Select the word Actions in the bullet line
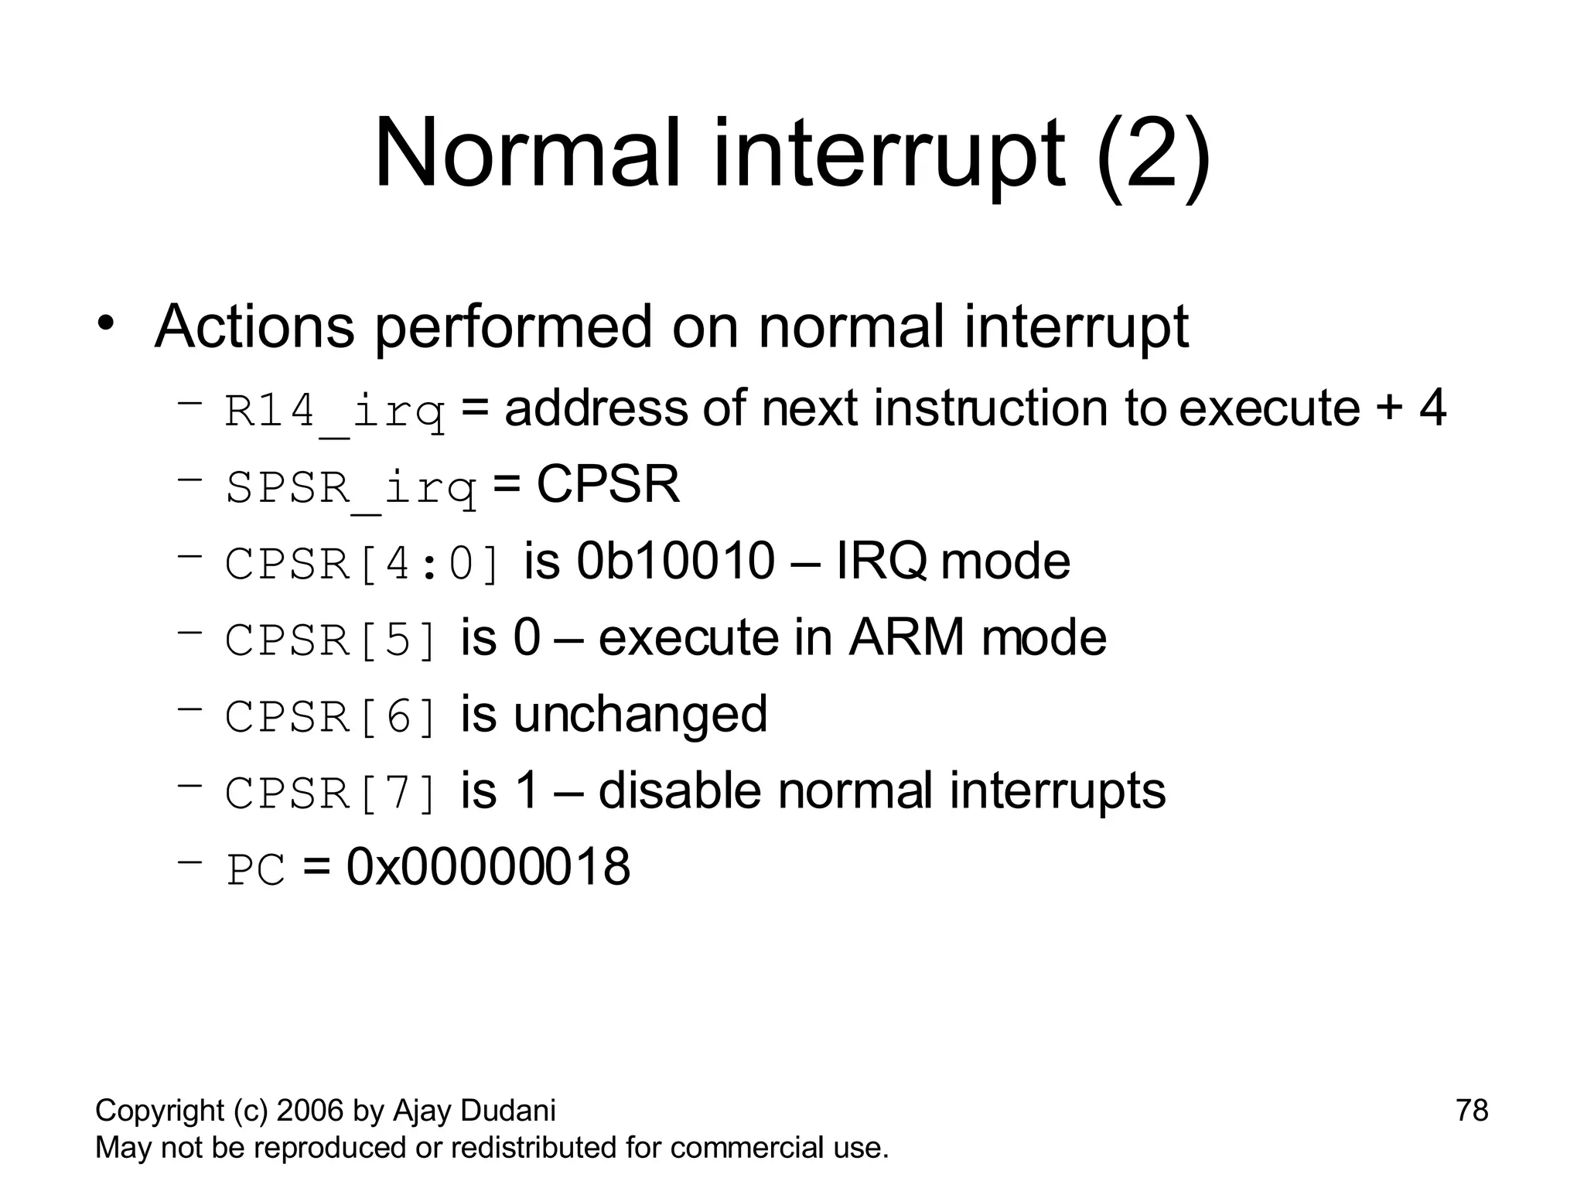coord(254,326)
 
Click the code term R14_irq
coord(335,411)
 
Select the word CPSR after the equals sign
coord(607,484)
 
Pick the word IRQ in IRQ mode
coord(882,562)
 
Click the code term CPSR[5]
coord(332,640)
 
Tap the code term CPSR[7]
coord(332,793)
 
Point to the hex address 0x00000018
coord(488,866)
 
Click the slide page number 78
coord(1471,1111)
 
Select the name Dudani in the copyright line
coord(508,1111)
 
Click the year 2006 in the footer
coord(310,1111)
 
